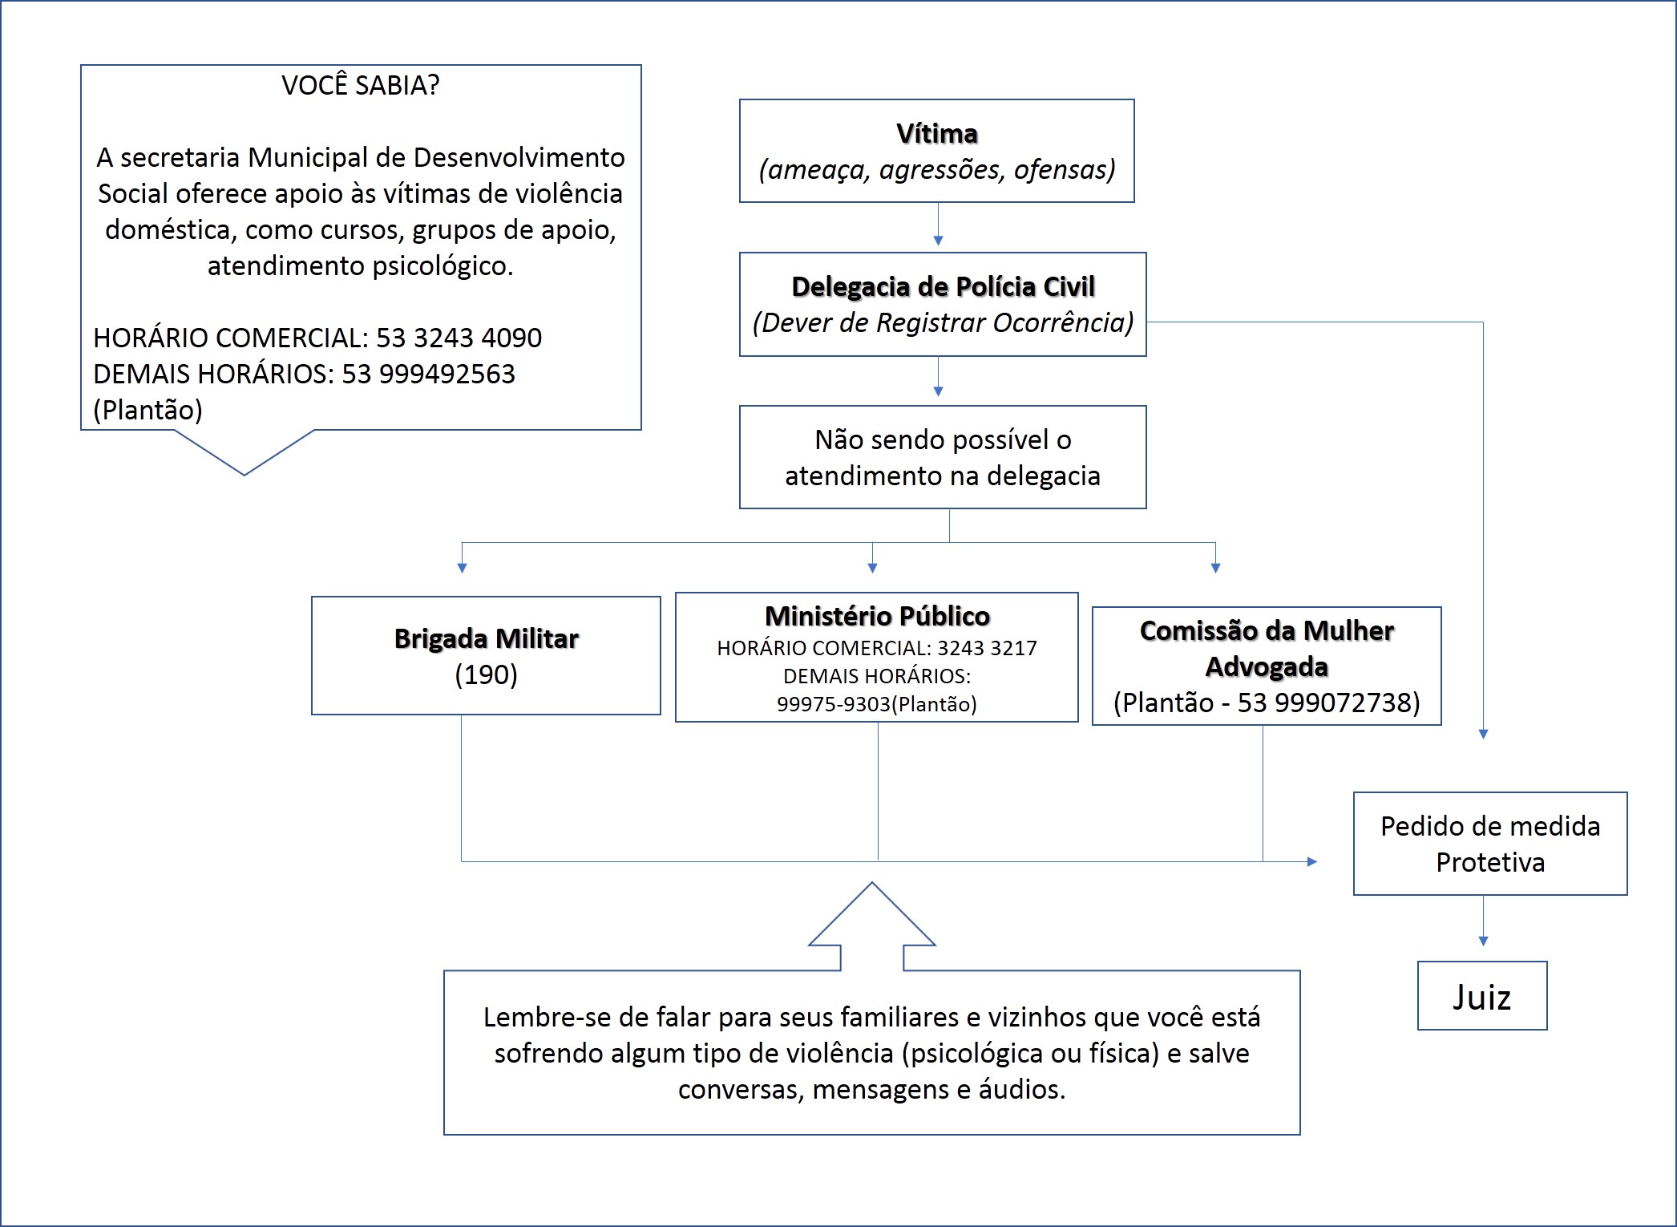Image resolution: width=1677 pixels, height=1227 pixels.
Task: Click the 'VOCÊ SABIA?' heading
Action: (x=361, y=85)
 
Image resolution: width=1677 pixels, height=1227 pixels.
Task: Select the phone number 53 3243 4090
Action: (x=459, y=338)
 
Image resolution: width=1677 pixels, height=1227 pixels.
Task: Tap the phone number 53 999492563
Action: (x=429, y=374)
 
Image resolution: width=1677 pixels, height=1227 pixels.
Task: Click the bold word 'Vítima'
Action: (x=937, y=133)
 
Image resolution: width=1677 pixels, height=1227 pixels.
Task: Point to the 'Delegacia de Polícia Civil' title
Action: (x=943, y=286)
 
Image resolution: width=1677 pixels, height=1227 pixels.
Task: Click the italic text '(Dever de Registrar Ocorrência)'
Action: (x=943, y=322)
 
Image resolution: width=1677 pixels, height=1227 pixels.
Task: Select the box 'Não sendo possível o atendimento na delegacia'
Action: (x=943, y=457)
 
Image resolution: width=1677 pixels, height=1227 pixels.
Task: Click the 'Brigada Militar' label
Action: (x=486, y=638)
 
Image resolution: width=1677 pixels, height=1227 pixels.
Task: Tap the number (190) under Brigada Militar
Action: (x=486, y=674)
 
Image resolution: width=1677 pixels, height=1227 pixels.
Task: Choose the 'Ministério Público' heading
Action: (x=877, y=616)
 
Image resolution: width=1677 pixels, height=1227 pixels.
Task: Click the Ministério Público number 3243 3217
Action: (x=987, y=648)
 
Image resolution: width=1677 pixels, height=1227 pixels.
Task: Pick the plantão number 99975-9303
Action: (x=834, y=704)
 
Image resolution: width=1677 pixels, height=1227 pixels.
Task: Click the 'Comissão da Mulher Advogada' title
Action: (x=1267, y=649)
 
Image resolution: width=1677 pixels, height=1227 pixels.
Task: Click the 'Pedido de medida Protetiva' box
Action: (x=1490, y=844)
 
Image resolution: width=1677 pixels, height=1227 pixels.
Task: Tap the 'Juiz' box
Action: (x=1482, y=995)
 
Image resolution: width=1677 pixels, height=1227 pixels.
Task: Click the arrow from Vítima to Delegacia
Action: (x=938, y=225)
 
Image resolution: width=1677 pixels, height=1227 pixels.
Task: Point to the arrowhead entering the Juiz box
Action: (x=1483, y=941)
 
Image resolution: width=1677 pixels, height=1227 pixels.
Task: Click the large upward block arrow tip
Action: (x=871, y=883)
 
